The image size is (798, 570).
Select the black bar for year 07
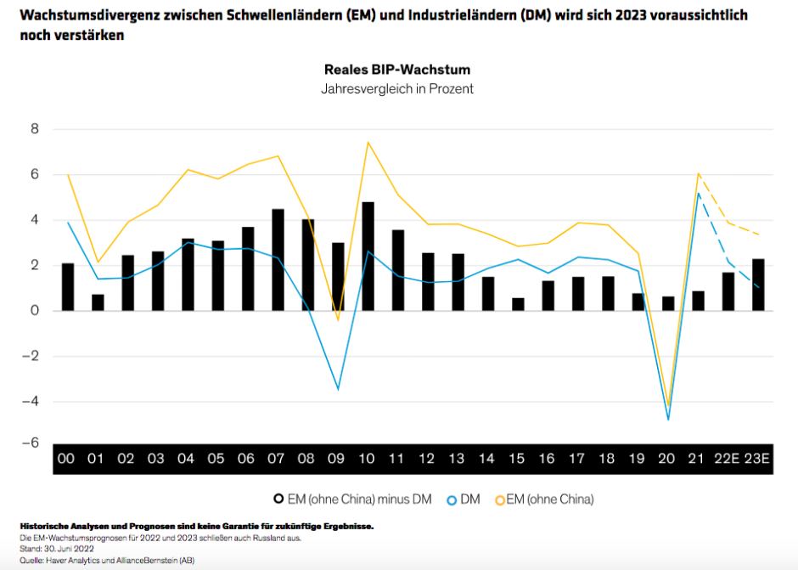point(278,260)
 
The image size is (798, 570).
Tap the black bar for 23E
point(757,285)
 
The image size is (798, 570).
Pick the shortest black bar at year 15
point(518,304)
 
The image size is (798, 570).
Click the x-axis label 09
point(337,459)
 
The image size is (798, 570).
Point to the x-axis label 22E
point(727,459)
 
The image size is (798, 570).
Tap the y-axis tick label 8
point(34,130)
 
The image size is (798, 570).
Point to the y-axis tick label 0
point(34,311)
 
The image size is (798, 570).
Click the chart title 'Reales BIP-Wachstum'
point(396,70)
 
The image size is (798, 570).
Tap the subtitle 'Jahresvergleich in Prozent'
point(396,88)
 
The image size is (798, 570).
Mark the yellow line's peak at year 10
point(368,142)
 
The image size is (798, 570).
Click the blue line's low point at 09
point(338,390)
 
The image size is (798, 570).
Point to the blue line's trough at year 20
point(668,420)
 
